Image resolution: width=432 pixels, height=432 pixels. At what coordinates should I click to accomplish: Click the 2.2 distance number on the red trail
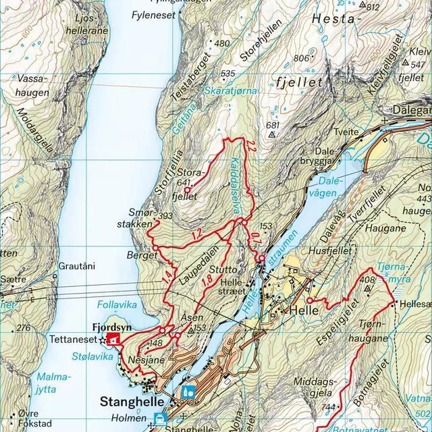[x=251, y=146]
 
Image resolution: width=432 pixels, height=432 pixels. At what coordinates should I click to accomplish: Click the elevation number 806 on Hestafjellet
[x=302, y=59]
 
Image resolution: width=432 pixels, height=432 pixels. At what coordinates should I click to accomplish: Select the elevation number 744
[x=329, y=406]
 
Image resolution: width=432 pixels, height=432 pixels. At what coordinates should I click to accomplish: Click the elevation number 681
[x=273, y=125]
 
